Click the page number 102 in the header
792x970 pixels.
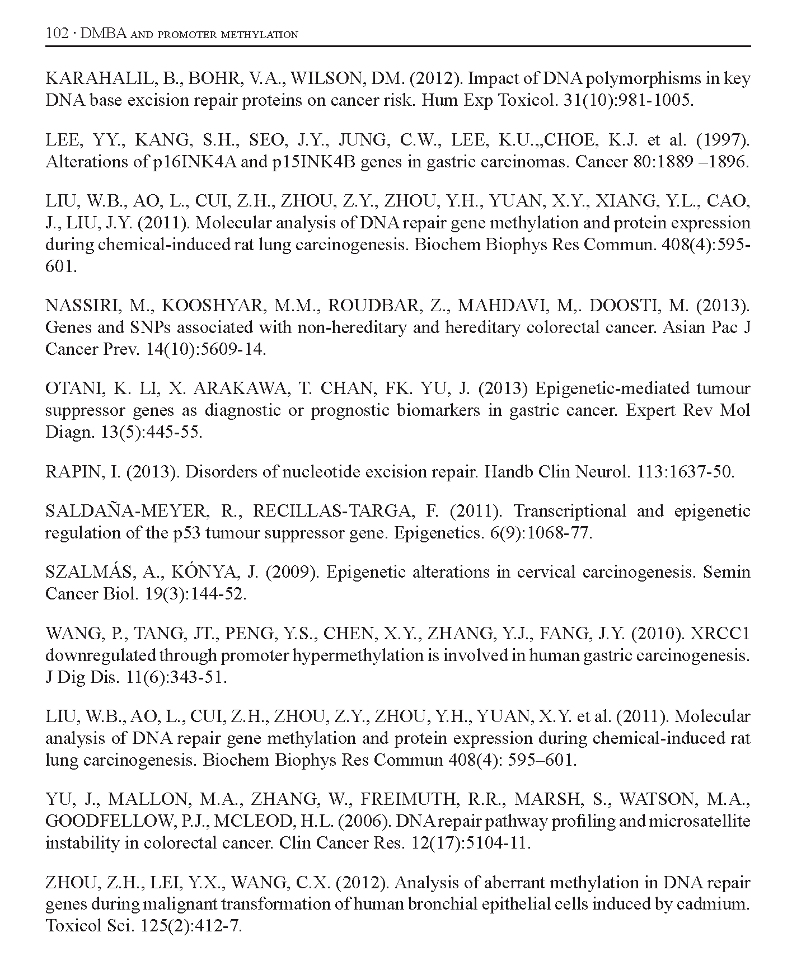coord(57,34)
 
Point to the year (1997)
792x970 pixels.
coord(725,140)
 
